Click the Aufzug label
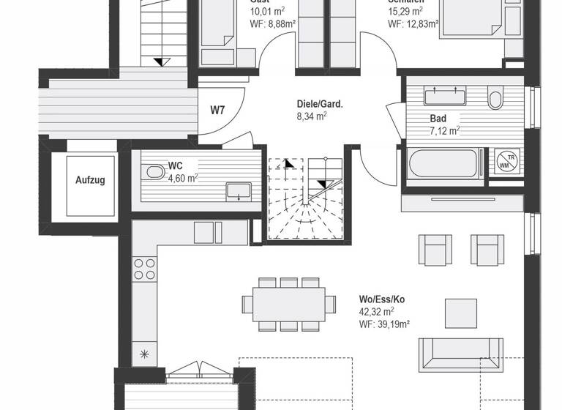coord(90,179)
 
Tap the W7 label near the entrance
coord(217,111)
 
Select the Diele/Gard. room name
coord(320,104)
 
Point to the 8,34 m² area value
coord(311,116)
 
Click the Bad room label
coord(438,118)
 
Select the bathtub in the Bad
coord(443,163)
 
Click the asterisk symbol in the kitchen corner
coord(143,354)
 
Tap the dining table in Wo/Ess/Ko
coord(288,302)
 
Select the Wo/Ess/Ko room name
coord(382,299)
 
